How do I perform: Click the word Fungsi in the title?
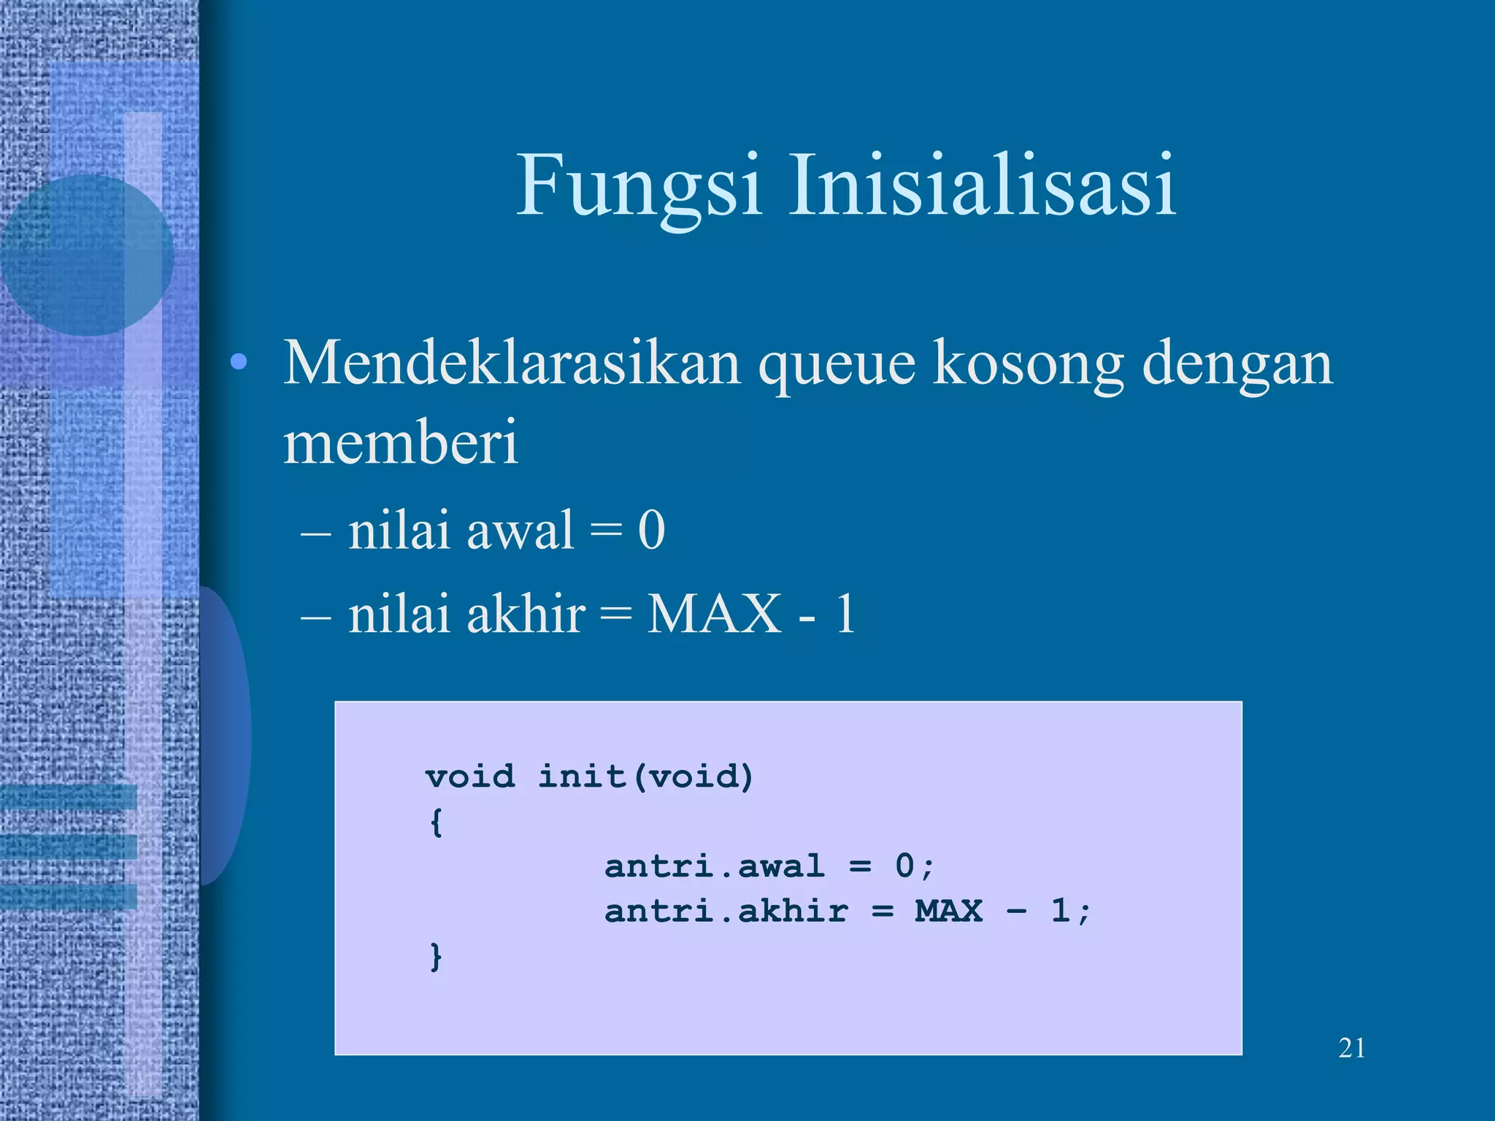click(x=639, y=186)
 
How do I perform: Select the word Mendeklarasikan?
click(x=511, y=363)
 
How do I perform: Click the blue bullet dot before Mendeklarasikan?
click(x=238, y=363)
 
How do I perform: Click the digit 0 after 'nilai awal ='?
click(x=651, y=531)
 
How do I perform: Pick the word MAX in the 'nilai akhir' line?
click(x=715, y=614)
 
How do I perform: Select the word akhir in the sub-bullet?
click(x=526, y=614)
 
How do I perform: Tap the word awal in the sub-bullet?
click(x=520, y=531)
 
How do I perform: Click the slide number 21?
click(x=1352, y=1048)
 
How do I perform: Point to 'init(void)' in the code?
click(x=645, y=777)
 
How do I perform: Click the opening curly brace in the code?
click(x=436, y=823)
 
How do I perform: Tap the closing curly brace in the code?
click(x=436, y=957)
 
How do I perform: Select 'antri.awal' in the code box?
click(x=715, y=867)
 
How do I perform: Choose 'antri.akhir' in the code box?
click(x=726, y=912)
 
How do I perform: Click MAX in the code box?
click(x=949, y=912)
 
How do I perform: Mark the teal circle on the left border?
click(x=86, y=255)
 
